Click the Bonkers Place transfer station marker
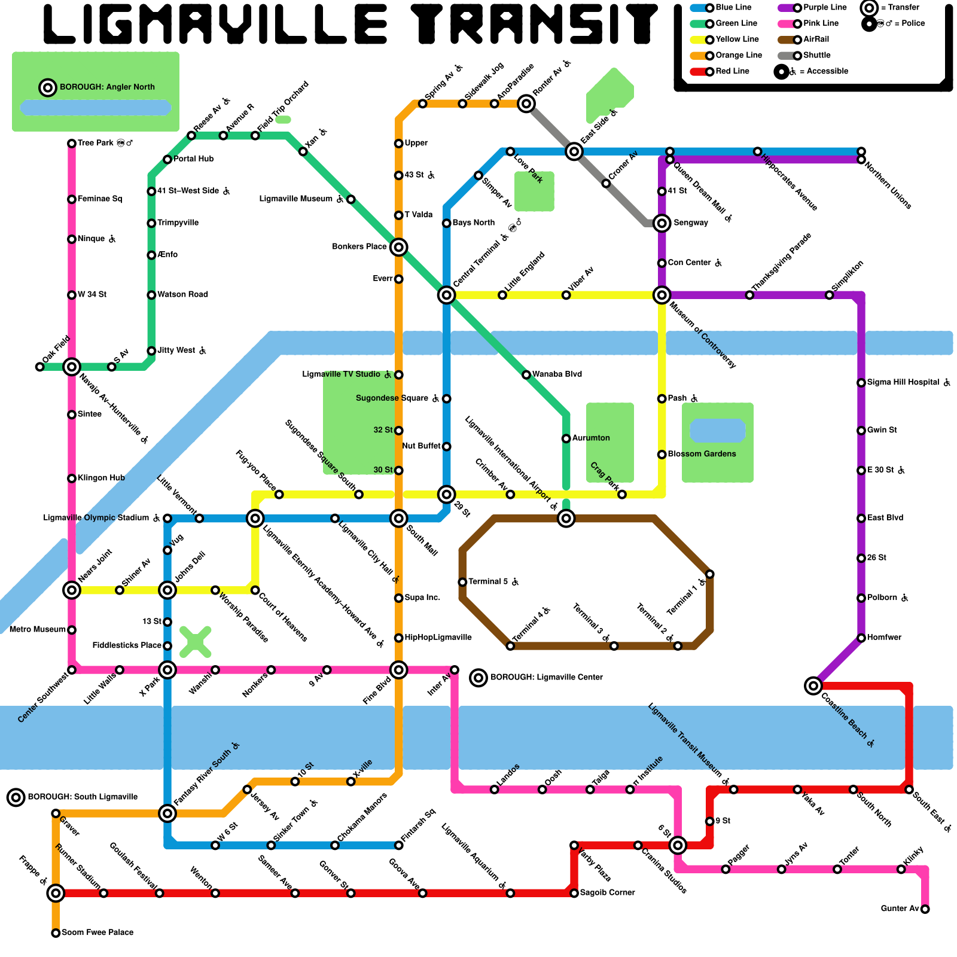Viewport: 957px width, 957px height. click(399, 247)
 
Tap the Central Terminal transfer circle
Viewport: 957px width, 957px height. click(446, 295)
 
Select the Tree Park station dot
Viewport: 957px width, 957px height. click(72, 144)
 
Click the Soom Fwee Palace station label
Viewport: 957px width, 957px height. click(97, 932)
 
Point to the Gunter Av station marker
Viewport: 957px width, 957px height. click(925, 909)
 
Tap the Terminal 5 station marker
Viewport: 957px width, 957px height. click(462, 582)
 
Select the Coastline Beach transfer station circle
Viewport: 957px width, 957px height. click(813, 685)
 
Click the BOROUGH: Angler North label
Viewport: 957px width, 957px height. click(107, 87)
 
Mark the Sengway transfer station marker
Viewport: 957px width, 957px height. click(662, 223)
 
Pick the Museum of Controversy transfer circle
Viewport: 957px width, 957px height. click(662, 295)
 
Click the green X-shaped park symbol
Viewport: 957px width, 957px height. click(195, 642)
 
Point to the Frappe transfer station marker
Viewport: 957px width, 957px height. click(56, 893)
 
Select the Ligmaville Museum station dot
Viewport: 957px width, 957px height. click(351, 199)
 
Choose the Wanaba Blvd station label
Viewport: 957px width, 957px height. click(557, 374)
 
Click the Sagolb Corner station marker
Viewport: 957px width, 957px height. click(574, 893)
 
